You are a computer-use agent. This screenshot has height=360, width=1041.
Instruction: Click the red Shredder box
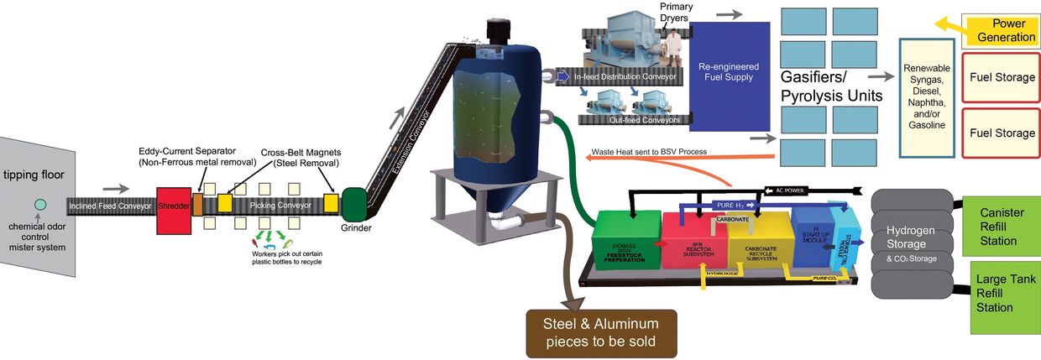pos(172,205)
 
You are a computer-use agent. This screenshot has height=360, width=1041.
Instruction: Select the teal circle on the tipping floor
pos(39,204)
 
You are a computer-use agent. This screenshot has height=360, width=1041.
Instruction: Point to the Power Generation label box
pos(1002,31)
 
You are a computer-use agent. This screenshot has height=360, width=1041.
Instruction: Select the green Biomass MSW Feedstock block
pos(625,242)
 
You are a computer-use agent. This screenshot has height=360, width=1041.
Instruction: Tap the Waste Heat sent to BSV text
pos(649,152)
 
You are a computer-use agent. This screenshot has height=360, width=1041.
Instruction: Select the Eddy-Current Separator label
pos(196,156)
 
